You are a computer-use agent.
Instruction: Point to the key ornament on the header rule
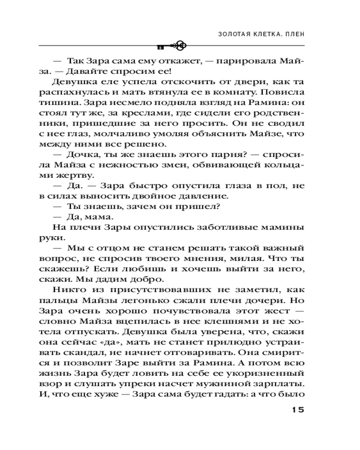click(173, 45)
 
